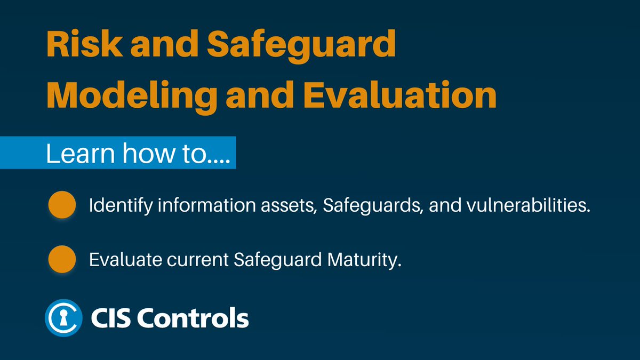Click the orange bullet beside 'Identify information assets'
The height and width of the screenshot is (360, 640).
(61, 205)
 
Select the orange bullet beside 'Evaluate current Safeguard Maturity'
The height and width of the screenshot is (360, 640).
(61, 259)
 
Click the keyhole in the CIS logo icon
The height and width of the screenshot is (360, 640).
(63, 318)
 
